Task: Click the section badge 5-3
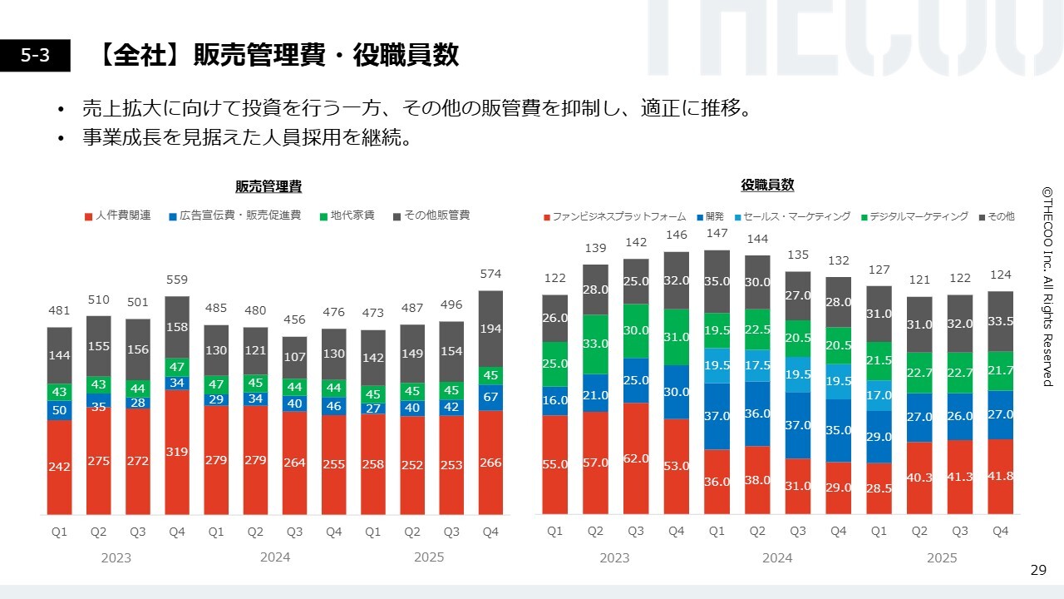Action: click(x=35, y=56)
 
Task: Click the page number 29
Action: click(x=1038, y=570)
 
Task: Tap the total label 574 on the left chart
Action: click(x=491, y=274)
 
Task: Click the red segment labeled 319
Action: click(x=177, y=452)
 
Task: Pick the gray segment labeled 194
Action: click(x=491, y=329)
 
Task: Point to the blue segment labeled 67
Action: click(x=491, y=397)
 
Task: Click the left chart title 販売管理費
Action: click(x=268, y=187)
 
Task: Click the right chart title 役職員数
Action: click(x=767, y=186)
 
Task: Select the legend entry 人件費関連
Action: click(x=118, y=215)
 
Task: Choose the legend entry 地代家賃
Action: click(x=347, y=215)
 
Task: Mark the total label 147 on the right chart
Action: click(x=717, y=234)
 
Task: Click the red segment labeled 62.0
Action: click(x=636, y=458)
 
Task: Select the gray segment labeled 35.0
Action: click(x=717, y=281)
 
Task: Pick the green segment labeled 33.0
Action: click(x=596, y=344)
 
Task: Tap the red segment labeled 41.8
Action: click(x=1001, y=477)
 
